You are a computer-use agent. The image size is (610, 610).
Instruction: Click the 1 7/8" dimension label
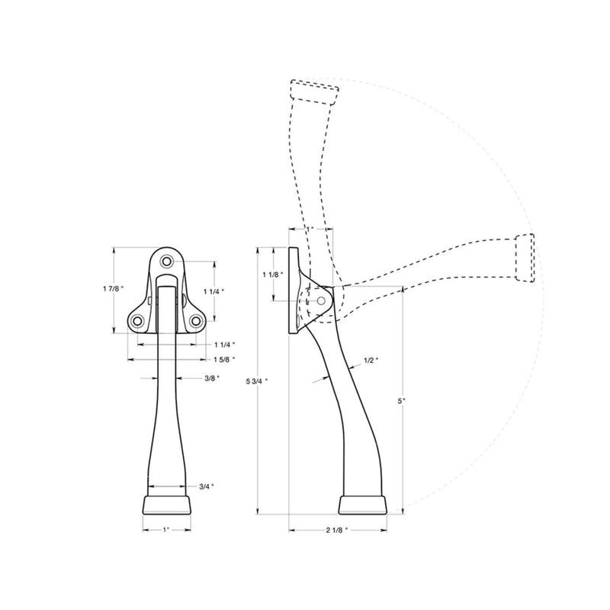pos(113,288)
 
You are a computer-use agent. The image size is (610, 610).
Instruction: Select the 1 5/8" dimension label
pos(224,359)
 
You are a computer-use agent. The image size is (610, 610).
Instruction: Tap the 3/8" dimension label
pos(212,377)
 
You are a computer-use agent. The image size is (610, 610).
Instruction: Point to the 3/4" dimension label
pos(207,486)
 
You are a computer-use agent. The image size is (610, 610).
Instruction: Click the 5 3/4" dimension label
pos(257,381)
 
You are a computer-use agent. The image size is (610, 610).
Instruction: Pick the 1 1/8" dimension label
pos(273,274)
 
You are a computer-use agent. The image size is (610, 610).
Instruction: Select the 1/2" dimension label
pos(371,360)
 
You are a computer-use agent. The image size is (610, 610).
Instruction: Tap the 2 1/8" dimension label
pos(337,530)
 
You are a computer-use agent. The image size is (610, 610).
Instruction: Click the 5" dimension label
pos(402,400)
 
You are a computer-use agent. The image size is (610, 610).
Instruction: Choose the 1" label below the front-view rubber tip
pos(166,530)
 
